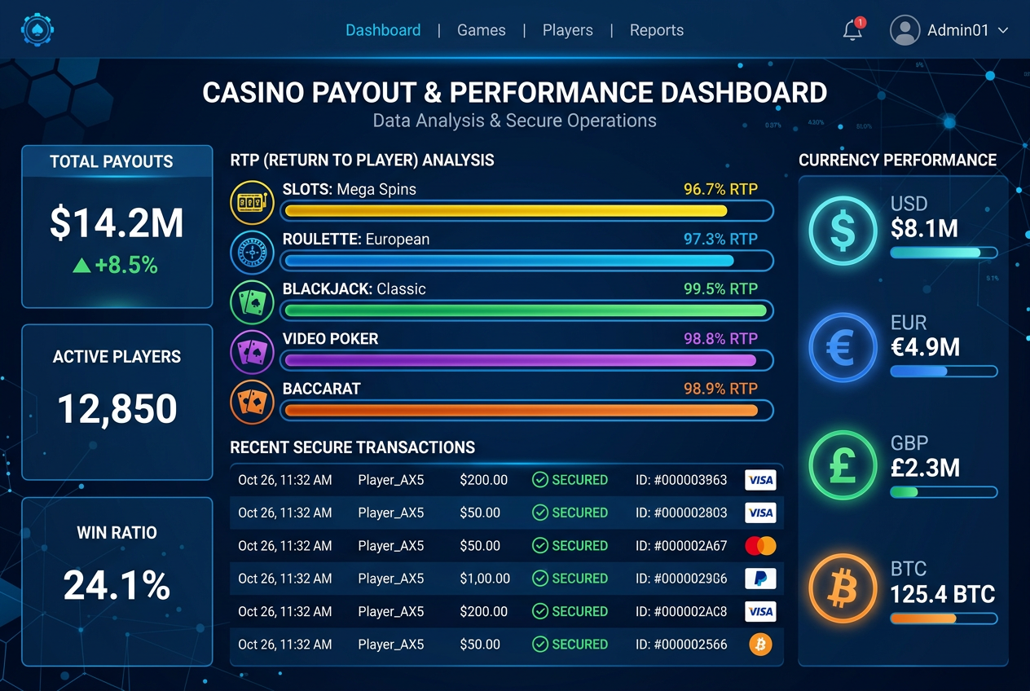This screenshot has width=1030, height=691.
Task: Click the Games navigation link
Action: (481, 30)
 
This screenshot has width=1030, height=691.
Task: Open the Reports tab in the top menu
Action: (656, 30)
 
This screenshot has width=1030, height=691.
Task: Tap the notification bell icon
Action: (852, 30)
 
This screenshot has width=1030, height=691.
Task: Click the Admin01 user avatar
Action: (905, 30)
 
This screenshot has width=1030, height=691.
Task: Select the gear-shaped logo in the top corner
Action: (37, 30)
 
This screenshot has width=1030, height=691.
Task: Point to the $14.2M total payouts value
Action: (117, 223)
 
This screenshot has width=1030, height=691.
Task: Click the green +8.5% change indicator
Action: (116, 266)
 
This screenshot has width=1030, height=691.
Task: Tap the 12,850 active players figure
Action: (117, 408)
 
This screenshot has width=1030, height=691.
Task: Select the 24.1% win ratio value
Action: (117, 585)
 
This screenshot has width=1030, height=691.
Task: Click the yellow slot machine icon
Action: (252, 202)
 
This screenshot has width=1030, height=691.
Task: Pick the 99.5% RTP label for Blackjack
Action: (720, 288)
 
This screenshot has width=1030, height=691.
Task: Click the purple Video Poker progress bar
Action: (521, 360)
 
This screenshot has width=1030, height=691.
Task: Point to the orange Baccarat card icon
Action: (252, 402)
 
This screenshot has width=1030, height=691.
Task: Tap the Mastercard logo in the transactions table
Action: (760, 546)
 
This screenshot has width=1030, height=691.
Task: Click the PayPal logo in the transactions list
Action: (760, 579)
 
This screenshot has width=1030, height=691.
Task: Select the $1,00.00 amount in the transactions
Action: (485, 579)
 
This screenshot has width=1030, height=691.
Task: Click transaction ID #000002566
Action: (681, 645)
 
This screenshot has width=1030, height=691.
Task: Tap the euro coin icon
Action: (843, 348)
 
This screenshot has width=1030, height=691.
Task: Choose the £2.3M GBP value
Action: (925, 468)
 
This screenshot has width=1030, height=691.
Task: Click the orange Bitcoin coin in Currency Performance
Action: (843, 588)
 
